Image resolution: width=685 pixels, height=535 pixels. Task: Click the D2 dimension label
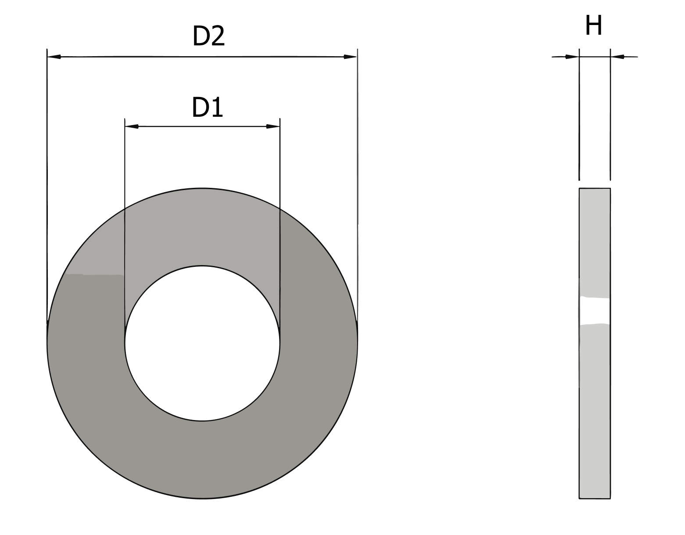pos(208,36)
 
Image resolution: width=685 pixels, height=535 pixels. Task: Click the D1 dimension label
pos(207,108)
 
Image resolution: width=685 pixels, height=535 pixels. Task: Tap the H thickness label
pos(594,25)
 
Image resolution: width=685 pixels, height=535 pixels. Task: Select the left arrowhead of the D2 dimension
pos(54,57)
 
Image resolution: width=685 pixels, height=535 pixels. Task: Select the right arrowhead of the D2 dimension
pos(350,57)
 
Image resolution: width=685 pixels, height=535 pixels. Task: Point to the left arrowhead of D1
pos(132,126)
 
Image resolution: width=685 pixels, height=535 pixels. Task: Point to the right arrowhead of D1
pos(273,126)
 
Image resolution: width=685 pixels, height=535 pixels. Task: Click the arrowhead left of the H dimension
pos(572,57)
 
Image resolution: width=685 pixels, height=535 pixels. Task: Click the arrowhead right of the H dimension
pos(617,57)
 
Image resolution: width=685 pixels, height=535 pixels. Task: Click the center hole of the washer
pos(202,343)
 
